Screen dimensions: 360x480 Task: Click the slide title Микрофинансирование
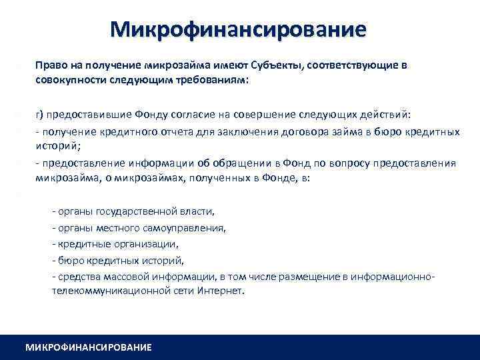239,30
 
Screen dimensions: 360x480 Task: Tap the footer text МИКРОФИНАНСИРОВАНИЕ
88,347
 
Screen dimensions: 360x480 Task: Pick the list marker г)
40,114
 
